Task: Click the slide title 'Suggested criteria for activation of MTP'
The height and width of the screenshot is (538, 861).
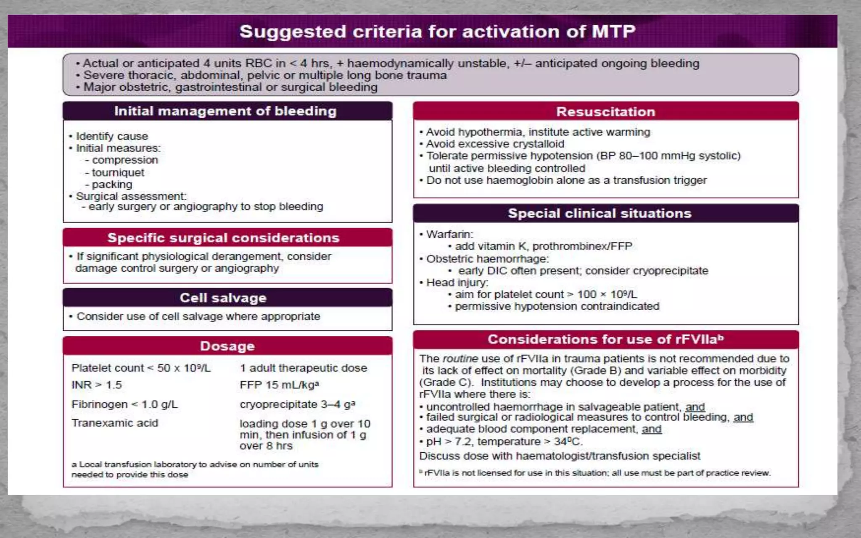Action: point(437,32)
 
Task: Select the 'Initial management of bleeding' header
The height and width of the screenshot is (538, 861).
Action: point(225,111)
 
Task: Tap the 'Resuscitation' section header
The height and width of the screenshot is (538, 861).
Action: point(605,112)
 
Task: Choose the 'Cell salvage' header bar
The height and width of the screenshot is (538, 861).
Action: point(223,298)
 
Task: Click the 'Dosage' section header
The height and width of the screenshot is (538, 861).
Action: point(227,346)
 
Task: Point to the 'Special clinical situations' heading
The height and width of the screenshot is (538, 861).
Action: point(600,214)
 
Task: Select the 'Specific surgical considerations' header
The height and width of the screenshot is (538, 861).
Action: point(223,238)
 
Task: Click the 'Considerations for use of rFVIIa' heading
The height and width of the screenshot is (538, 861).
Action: point(605,339)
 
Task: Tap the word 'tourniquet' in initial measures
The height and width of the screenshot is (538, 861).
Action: point(118,173)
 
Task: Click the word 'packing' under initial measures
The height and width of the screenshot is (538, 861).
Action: point(112,185)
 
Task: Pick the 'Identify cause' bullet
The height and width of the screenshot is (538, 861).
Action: point(112,137)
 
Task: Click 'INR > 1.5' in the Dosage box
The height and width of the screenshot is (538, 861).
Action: point(97,385)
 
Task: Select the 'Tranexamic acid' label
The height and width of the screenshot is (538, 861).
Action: point(115,423)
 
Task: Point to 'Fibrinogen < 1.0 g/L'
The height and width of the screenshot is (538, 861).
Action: point(124,404)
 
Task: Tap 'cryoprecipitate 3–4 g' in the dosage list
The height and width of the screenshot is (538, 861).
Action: point(297,404)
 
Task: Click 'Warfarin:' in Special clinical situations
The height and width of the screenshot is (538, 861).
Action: point(449,235)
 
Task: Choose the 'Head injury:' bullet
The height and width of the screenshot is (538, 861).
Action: point(457,282)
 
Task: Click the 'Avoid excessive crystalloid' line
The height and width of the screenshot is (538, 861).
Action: point(495,144)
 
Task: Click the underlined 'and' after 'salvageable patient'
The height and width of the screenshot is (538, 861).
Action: point(695,407)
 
